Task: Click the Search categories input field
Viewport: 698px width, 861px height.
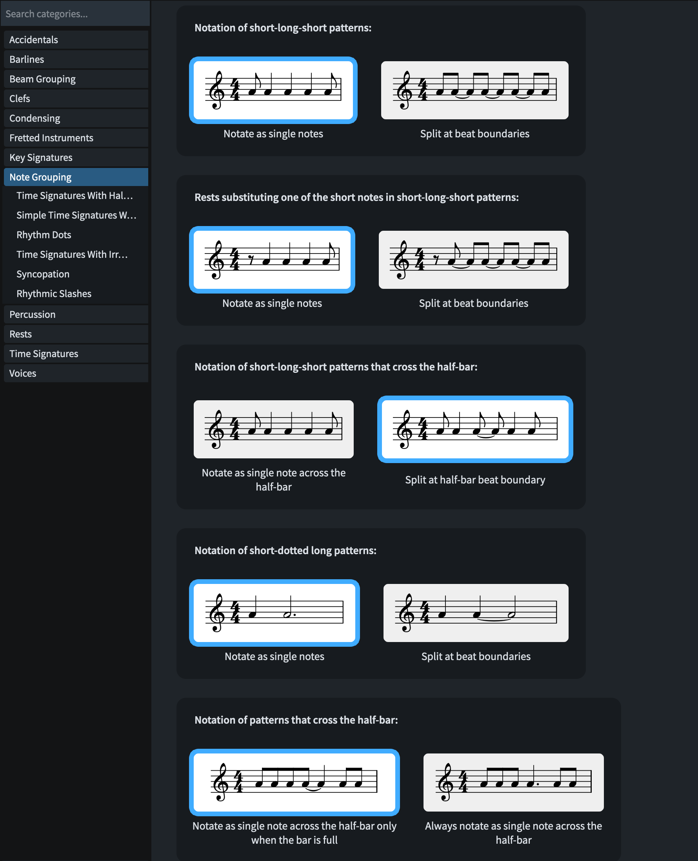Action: pos(75,14)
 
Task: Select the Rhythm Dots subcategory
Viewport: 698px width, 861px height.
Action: pos(44,235)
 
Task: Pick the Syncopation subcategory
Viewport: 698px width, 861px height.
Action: pos(43,274)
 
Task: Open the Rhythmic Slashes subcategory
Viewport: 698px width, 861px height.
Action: pos(54,294)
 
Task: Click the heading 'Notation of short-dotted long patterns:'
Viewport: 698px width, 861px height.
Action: pos(285,551)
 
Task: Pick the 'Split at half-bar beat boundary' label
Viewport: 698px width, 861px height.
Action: pos(475,480)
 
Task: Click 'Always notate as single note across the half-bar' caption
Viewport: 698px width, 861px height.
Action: pos(513,833)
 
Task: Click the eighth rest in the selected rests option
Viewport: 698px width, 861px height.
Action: pos(251,260)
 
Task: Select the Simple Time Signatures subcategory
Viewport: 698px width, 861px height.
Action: pos(76,215)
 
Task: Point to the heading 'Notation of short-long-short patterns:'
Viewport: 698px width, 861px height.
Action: pos(283,28)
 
